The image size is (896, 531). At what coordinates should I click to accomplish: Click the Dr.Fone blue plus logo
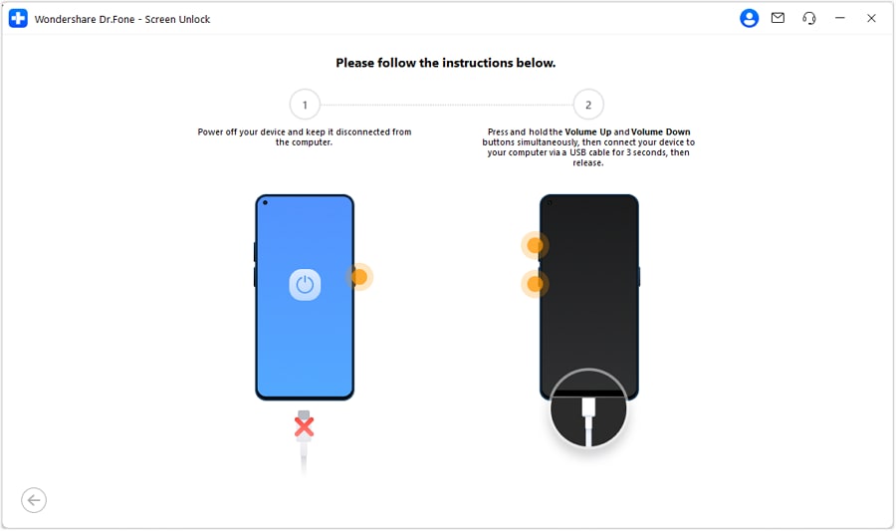coord(18,18)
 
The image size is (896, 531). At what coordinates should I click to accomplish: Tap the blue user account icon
coord(749,18)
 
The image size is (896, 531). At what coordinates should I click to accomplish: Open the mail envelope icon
coord(778,18)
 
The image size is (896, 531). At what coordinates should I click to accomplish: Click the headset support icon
coord(809,18)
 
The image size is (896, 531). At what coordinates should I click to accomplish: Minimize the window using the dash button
coord(839,18)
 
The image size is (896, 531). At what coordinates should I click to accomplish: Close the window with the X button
coord(871,18)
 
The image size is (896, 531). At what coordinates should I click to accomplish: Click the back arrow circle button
coord(34,500)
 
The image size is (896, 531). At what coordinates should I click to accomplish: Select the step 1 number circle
coord(305,105)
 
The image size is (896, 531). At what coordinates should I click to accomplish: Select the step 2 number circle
coord(588,105)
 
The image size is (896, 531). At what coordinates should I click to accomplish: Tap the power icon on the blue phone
coord(305,284)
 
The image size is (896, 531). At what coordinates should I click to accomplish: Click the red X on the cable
coord(304,426)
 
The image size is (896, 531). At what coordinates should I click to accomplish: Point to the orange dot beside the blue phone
coord(359,277)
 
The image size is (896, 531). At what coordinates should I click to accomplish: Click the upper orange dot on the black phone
coord(535,245)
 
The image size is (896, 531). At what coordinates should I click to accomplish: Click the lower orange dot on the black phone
coord(535,284)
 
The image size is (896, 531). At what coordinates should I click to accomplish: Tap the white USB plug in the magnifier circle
coord(588,408)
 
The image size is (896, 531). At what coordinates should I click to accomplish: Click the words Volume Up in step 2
coord(588,133)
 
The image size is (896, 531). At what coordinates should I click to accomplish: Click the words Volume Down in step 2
coord(661,133)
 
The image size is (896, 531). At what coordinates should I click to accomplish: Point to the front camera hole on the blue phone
coord(265,202)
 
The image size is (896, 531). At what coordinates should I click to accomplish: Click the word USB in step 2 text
coord(577,152)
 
